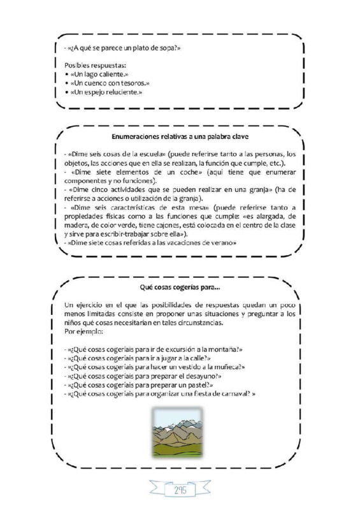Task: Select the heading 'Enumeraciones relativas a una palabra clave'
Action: click(x=179, y=136)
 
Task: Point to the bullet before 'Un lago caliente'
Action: click(x=68, y=75)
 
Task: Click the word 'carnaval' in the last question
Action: click(x=231, y=394)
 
